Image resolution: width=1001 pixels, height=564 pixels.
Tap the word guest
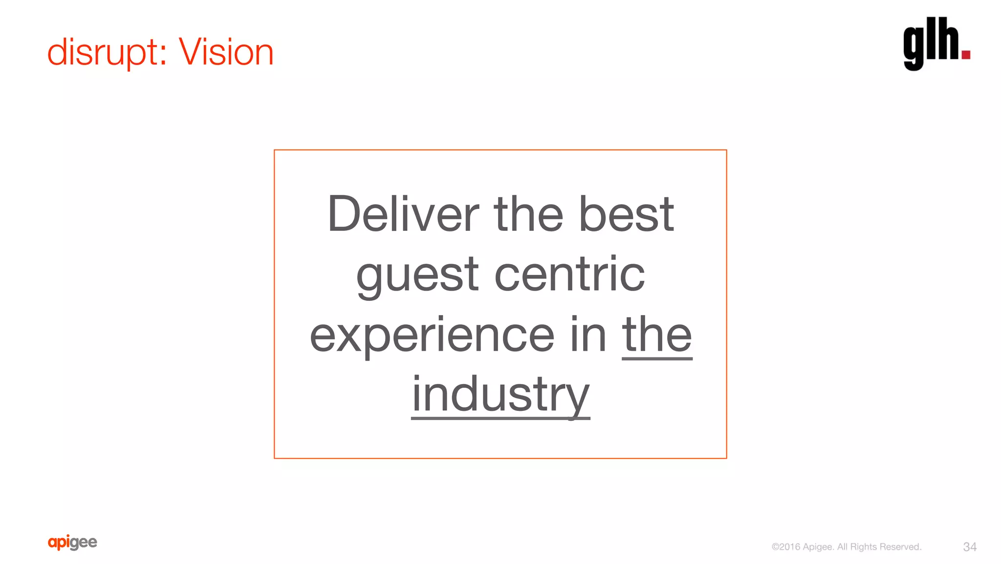pyautogui.click(x=417, y=274)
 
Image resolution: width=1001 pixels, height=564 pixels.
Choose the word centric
pyautogui.click(x=569, y=274)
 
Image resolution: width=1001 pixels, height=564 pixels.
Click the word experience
pyautogui.click(x=432, y=335)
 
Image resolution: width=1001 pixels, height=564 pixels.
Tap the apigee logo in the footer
pyautogui.click(x=72, y=542)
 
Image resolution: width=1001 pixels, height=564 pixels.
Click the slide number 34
pyautogui.click(x=970, y=547)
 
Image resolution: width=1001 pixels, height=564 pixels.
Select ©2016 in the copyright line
pyautogui.click(x=785, y=547)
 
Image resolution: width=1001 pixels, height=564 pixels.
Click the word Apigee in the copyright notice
pyautogui.click(x=818, y=547)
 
